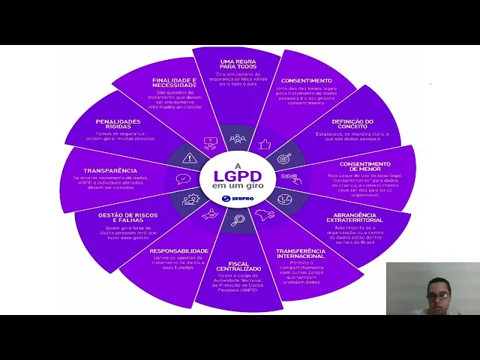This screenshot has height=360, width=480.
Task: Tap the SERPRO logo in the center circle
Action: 237,199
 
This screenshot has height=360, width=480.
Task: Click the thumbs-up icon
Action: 264,143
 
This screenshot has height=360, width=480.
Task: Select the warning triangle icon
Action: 190,158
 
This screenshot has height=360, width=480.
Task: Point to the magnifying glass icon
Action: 238,220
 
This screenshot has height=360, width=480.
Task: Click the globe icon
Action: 284,199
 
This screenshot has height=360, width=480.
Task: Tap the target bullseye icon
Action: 284,158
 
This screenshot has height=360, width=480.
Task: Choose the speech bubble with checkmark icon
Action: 183,179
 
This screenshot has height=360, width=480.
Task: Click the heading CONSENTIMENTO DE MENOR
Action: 364,166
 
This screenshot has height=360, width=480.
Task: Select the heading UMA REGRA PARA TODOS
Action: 238,64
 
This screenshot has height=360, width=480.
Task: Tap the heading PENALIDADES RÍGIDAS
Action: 118,124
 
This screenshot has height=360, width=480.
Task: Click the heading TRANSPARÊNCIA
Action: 110,170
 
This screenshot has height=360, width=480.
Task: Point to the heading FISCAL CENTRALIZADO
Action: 238,265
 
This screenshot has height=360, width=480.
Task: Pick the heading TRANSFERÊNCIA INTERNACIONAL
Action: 300,253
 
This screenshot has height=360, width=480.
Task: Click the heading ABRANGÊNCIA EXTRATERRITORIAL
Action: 358,217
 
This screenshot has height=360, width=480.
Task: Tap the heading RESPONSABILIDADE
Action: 178,250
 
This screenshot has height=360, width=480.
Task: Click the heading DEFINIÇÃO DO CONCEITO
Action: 352,124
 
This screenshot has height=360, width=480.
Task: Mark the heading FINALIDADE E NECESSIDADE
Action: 174,82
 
